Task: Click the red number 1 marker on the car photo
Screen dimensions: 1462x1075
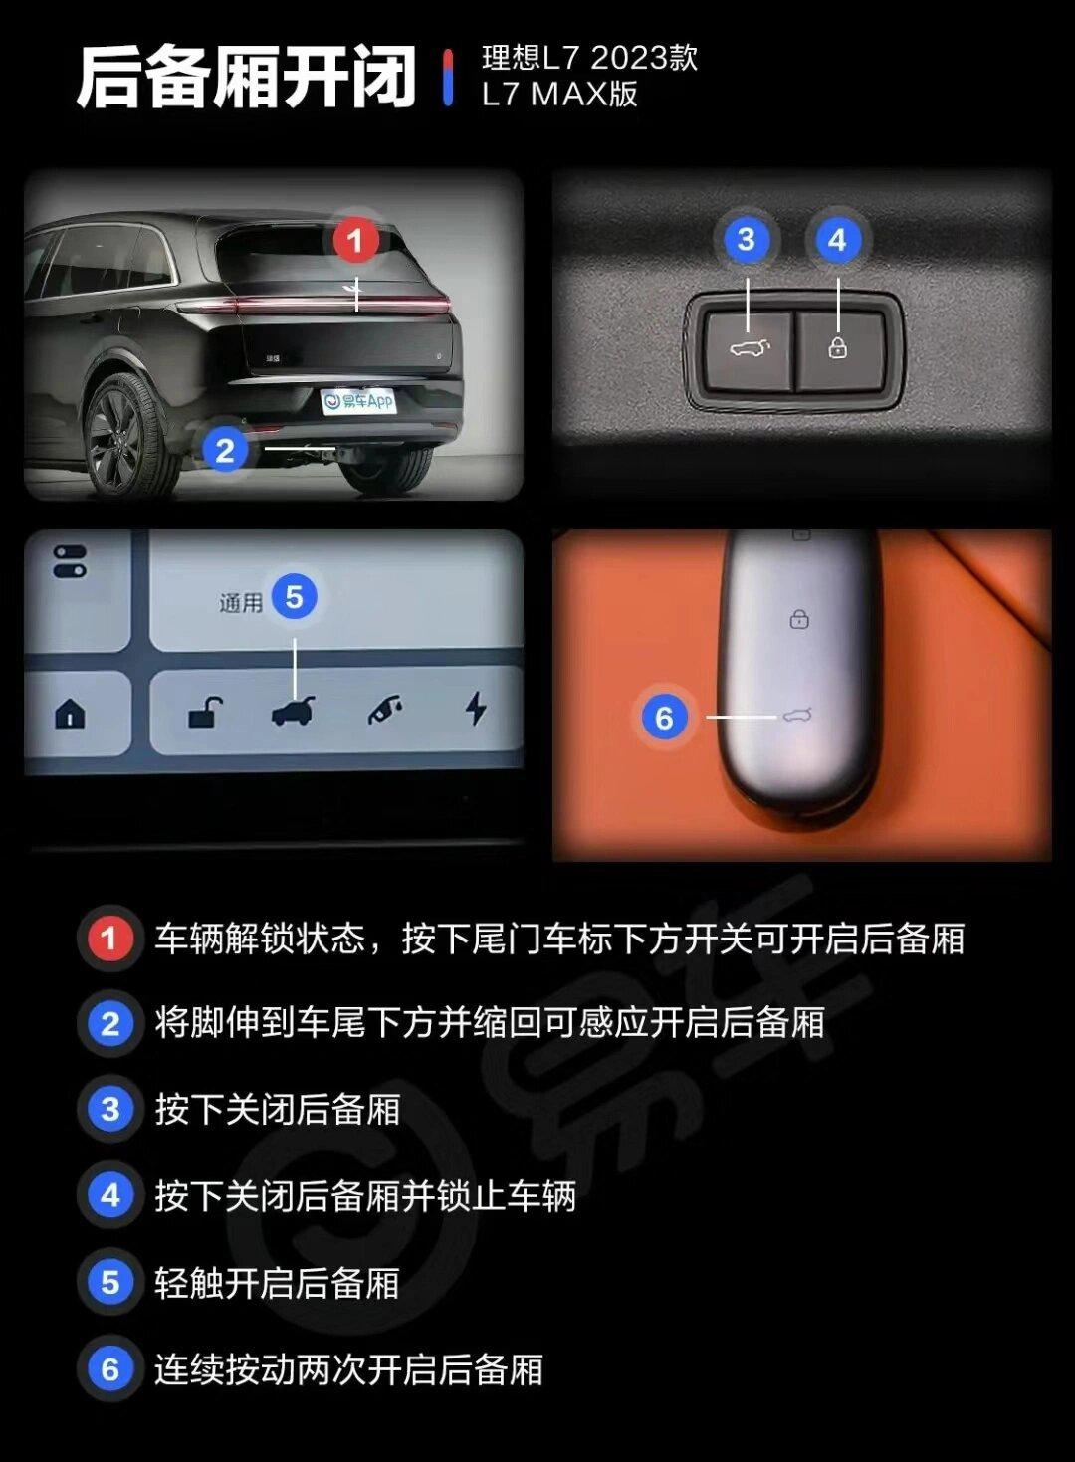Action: [355, 240]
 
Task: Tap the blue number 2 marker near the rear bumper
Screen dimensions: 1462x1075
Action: [226, 450]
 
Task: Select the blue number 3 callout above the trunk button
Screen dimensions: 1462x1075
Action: [746, 240]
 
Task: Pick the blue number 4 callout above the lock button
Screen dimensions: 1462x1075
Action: [837, 240]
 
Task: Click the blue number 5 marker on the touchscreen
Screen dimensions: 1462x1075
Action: [294, 597]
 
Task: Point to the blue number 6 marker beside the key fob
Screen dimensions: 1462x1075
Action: [664, 718]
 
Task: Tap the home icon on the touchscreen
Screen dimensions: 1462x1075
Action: [70, 713]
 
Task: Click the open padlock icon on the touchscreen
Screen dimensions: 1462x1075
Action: [205, 712]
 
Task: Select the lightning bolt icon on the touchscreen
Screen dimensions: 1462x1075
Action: [477, 708]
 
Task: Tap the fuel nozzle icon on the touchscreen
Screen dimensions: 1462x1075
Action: [386, 710]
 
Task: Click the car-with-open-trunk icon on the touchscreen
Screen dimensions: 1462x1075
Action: [293, 711]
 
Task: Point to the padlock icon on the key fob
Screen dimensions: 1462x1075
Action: [799, 619]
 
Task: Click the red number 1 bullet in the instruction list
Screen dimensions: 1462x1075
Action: [109, 938]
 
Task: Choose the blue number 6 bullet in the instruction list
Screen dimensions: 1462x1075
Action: [109, 1369]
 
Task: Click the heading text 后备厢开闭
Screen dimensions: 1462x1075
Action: [246, 78]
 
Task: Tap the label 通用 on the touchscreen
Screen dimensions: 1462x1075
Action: [241, 603]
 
